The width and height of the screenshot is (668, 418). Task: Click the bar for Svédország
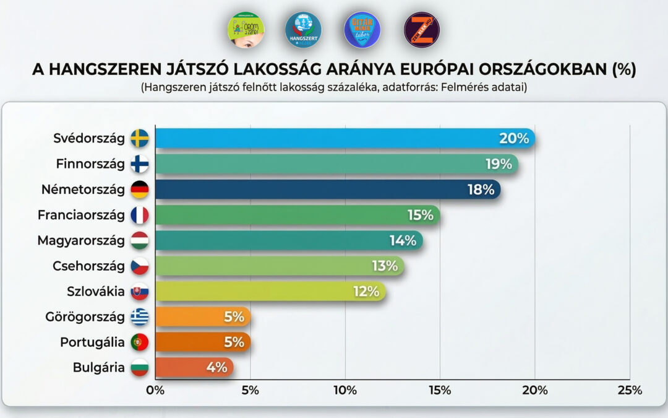coord(344,138)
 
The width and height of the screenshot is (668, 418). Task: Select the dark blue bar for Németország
coord(327,189)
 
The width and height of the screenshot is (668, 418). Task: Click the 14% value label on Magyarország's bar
coord(402,240)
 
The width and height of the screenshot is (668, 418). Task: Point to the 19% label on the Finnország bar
coord(499,164)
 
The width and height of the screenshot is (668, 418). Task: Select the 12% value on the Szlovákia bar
coord(366,292)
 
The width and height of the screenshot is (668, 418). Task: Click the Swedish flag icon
coord(140,138)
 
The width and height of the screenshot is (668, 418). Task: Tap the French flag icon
coord(140,215)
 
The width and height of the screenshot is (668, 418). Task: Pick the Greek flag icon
coord(140,317)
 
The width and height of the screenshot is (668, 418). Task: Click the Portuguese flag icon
coord(140,342)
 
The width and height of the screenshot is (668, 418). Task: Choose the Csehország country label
coord(88,266)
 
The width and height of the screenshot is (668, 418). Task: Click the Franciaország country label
coord(81,215)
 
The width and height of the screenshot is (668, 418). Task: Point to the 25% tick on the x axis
coord(629,390)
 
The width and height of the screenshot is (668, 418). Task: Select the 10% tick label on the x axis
coord(345,390)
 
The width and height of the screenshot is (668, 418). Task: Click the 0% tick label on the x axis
coord(155,390)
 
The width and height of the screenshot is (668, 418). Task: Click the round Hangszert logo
coord(303,30)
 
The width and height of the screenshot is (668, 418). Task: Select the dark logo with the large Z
coord(422,30)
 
